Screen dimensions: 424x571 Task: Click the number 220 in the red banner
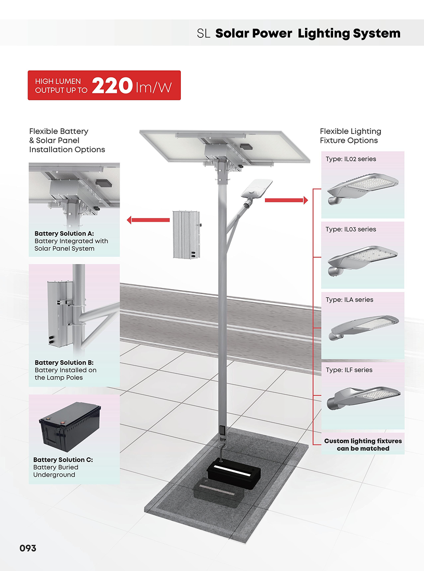112,85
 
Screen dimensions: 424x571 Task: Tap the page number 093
28,548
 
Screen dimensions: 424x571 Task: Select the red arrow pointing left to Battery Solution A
148,220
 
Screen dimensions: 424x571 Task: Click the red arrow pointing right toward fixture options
286,200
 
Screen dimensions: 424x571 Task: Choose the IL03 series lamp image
363,261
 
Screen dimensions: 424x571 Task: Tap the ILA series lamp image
364,327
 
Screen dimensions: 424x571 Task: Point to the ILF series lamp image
364,398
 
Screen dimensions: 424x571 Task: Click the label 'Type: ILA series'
349,300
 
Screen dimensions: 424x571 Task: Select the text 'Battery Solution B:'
64,363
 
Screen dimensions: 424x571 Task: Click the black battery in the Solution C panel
70,427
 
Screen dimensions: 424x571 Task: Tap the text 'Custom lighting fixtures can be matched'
363,445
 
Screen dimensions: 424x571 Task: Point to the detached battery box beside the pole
187,235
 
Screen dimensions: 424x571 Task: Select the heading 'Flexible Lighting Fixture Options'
350,136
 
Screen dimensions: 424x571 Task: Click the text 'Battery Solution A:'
64,234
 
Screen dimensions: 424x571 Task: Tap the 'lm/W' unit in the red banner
153,87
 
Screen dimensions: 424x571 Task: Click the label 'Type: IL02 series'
351,159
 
